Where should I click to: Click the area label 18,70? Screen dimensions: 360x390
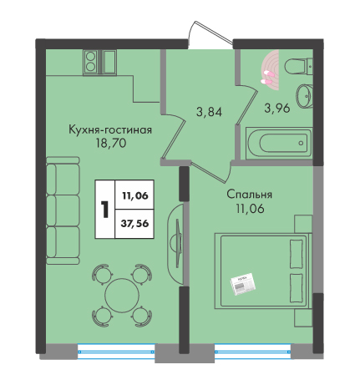[x=111, y=143]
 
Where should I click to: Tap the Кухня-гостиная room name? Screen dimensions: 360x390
[x=110, y=129]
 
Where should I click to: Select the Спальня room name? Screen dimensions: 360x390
[x=249, y=195]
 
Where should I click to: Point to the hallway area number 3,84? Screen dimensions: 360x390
[x=209, y=112]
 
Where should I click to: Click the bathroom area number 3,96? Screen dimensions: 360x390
[x=277, y=108]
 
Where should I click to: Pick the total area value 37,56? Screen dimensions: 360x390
[x=134, y=223]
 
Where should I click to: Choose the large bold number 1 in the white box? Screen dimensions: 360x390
[x=105, y=210]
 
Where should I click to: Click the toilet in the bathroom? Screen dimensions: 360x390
[x=298, y=66]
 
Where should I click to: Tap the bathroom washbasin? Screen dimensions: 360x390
[x=304, y=96]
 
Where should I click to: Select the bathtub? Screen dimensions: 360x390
[x=279, y=144]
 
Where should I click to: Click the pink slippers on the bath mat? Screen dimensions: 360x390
[x=266, y=77]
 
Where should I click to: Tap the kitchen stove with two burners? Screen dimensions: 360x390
[x=90, y=62]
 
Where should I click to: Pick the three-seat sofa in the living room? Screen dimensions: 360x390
[x=63, y=210]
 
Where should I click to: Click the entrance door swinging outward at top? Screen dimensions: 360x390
[x=210, y=33]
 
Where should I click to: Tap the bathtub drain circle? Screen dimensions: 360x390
[x=301, y=144]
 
